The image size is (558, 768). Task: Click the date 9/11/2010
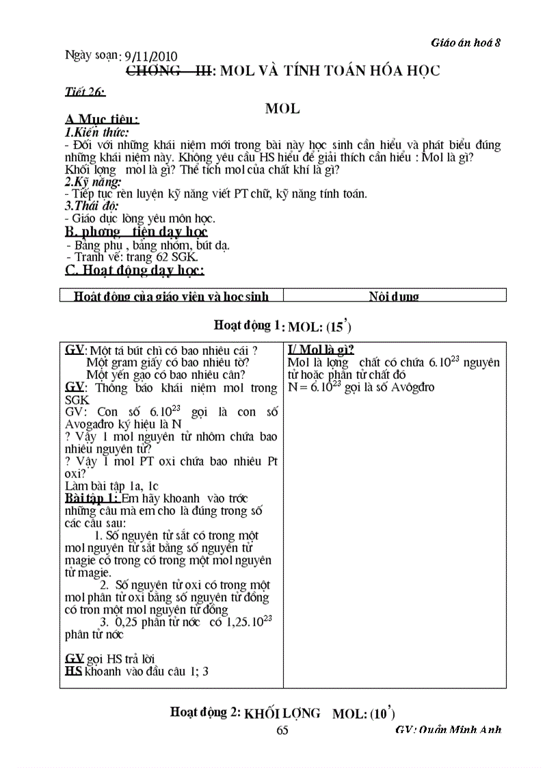148,56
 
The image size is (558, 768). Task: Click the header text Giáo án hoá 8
466,42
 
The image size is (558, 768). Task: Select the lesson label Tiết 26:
85,92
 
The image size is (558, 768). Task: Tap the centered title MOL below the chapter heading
282,108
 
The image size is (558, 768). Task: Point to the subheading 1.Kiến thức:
96,133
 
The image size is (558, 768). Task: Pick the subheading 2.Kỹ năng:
93,181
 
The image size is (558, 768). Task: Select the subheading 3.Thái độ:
91,206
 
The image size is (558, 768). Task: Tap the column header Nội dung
394,296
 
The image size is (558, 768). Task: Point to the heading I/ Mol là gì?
321,349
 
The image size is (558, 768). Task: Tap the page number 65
282,730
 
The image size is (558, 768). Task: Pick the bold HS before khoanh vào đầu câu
73,671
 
